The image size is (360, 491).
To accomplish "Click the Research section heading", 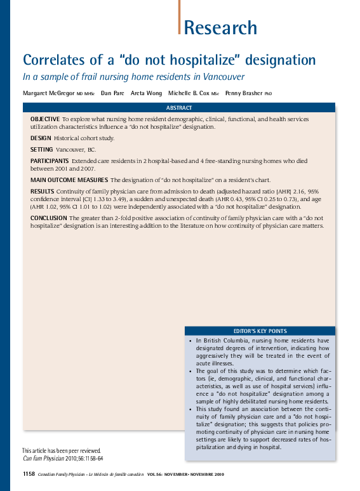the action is tap(220, 28).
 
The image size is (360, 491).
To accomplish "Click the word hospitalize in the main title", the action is tap(191, 60).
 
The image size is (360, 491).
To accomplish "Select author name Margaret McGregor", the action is tap(48, 93).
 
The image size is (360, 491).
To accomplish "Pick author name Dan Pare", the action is tap(112, 93).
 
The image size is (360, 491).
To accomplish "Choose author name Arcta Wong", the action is tap(145, 93).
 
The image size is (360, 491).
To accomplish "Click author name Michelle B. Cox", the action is tap(189, 93).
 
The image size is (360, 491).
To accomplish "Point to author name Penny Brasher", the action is tap(244, 93).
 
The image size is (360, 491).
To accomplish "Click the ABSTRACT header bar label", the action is tap(179, 108).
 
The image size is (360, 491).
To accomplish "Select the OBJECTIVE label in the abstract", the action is tap(44, 119).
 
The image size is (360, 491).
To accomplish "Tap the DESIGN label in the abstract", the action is tap(41, 138).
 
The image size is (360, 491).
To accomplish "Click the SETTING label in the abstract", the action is tap(42, 150).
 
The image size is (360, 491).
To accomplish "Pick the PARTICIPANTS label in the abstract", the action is tap(50, 161).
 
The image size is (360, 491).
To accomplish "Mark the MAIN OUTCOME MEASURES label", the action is tap(69, 180).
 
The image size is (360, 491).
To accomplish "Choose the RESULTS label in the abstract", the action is tap(42, 191).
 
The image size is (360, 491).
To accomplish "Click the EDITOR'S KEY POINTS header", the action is tap(260, 331).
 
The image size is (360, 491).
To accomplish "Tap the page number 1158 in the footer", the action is tap(29, 475).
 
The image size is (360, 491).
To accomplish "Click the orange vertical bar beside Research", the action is tap(180, 17).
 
